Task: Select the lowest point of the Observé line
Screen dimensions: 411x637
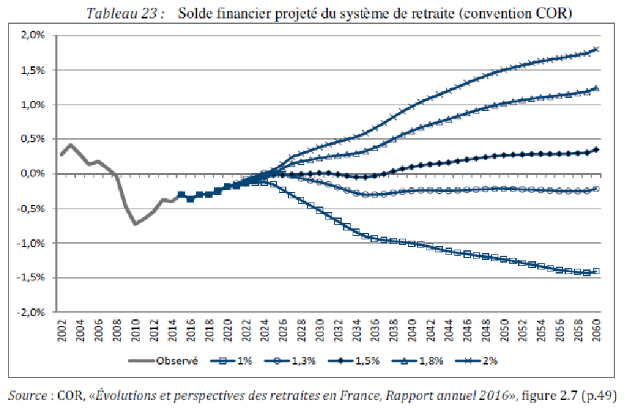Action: tap(135, 224)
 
